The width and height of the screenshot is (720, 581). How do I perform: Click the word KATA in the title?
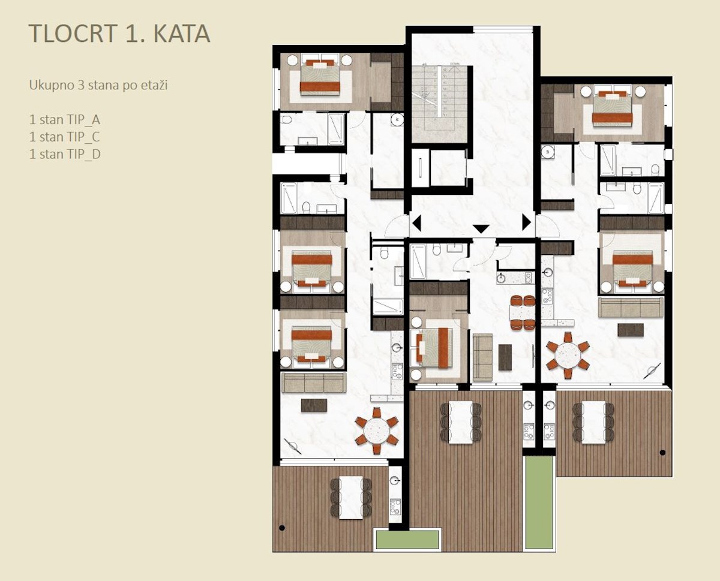tap(182, 34)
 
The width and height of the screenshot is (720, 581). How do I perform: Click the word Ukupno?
tap(52, 86)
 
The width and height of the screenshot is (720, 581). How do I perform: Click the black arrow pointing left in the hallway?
tap(416, 223)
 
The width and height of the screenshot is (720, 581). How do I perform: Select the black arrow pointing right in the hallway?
tap(526, 222)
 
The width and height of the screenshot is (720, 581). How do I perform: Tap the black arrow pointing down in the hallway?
tap(481, 229)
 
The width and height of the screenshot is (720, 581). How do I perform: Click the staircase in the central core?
tap(439, 104)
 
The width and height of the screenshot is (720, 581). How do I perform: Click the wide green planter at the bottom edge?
tap(407, 539)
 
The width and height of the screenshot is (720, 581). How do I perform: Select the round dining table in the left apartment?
tap(376, 431)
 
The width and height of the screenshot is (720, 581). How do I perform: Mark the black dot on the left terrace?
tap(282, 528)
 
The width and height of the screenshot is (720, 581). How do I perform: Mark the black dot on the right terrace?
tap(662, 452)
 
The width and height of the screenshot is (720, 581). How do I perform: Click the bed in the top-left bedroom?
tap(320, 74)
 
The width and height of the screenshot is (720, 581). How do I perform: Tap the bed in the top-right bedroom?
tap(612, 106)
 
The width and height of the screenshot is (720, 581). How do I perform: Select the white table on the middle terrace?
tap(460, 422)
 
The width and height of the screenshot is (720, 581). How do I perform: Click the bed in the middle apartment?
tap(431, 348)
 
